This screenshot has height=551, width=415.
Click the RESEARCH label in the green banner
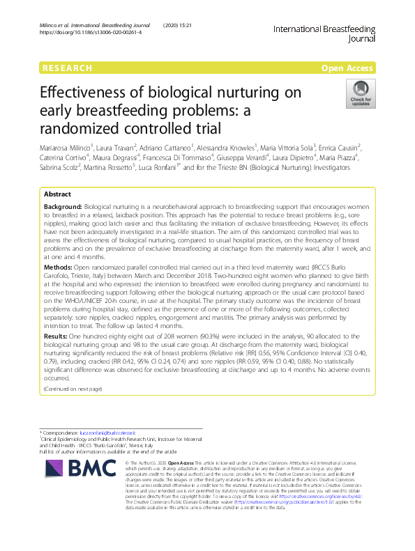67,68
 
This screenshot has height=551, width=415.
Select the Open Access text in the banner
349,68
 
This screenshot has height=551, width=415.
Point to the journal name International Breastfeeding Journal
324,34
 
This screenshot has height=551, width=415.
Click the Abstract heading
58,193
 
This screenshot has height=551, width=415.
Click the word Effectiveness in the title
83,93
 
